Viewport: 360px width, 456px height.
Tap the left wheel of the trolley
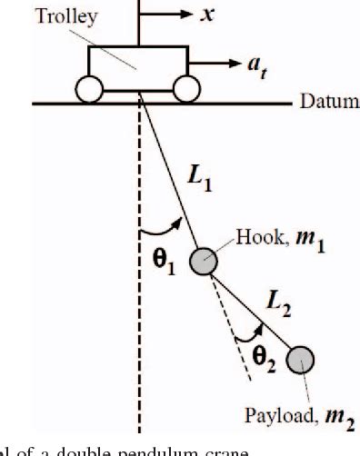click(x=90, y=90)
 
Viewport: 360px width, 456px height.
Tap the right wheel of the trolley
click(x=186, y=90)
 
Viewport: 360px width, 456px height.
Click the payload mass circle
click(x=298, y=361)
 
